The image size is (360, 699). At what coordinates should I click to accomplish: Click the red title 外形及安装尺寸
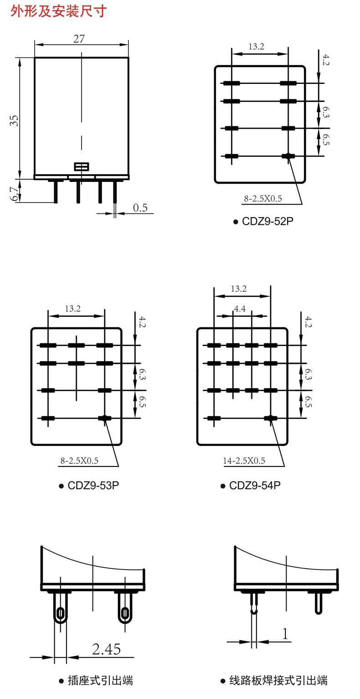point(58,10)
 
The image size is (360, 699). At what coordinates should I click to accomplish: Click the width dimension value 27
point(79,39)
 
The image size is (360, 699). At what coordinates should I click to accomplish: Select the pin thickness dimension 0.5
point(140,208)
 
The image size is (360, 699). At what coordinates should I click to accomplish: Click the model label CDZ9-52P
point(267,222)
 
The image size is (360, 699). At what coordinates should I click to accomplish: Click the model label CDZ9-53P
point(93,485)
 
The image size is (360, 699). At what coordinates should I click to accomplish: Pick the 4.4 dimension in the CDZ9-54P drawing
point(240,309)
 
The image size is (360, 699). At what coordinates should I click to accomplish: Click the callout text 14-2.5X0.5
point(244,461)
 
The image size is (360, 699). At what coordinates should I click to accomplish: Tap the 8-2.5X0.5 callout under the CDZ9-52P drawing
point(263,199)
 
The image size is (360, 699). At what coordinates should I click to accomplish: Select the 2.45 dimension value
point(107,649)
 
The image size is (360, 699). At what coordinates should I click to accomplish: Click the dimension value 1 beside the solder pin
point(286,634)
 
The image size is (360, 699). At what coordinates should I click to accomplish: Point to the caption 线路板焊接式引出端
point(278,681)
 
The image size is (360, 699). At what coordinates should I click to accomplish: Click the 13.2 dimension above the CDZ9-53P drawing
point(72,309)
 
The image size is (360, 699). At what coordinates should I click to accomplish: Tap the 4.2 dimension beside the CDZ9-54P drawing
point(309,321)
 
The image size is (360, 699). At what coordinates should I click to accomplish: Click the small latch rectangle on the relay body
point(82,167)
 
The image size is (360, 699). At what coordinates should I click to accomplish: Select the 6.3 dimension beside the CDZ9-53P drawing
point(142,375)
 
